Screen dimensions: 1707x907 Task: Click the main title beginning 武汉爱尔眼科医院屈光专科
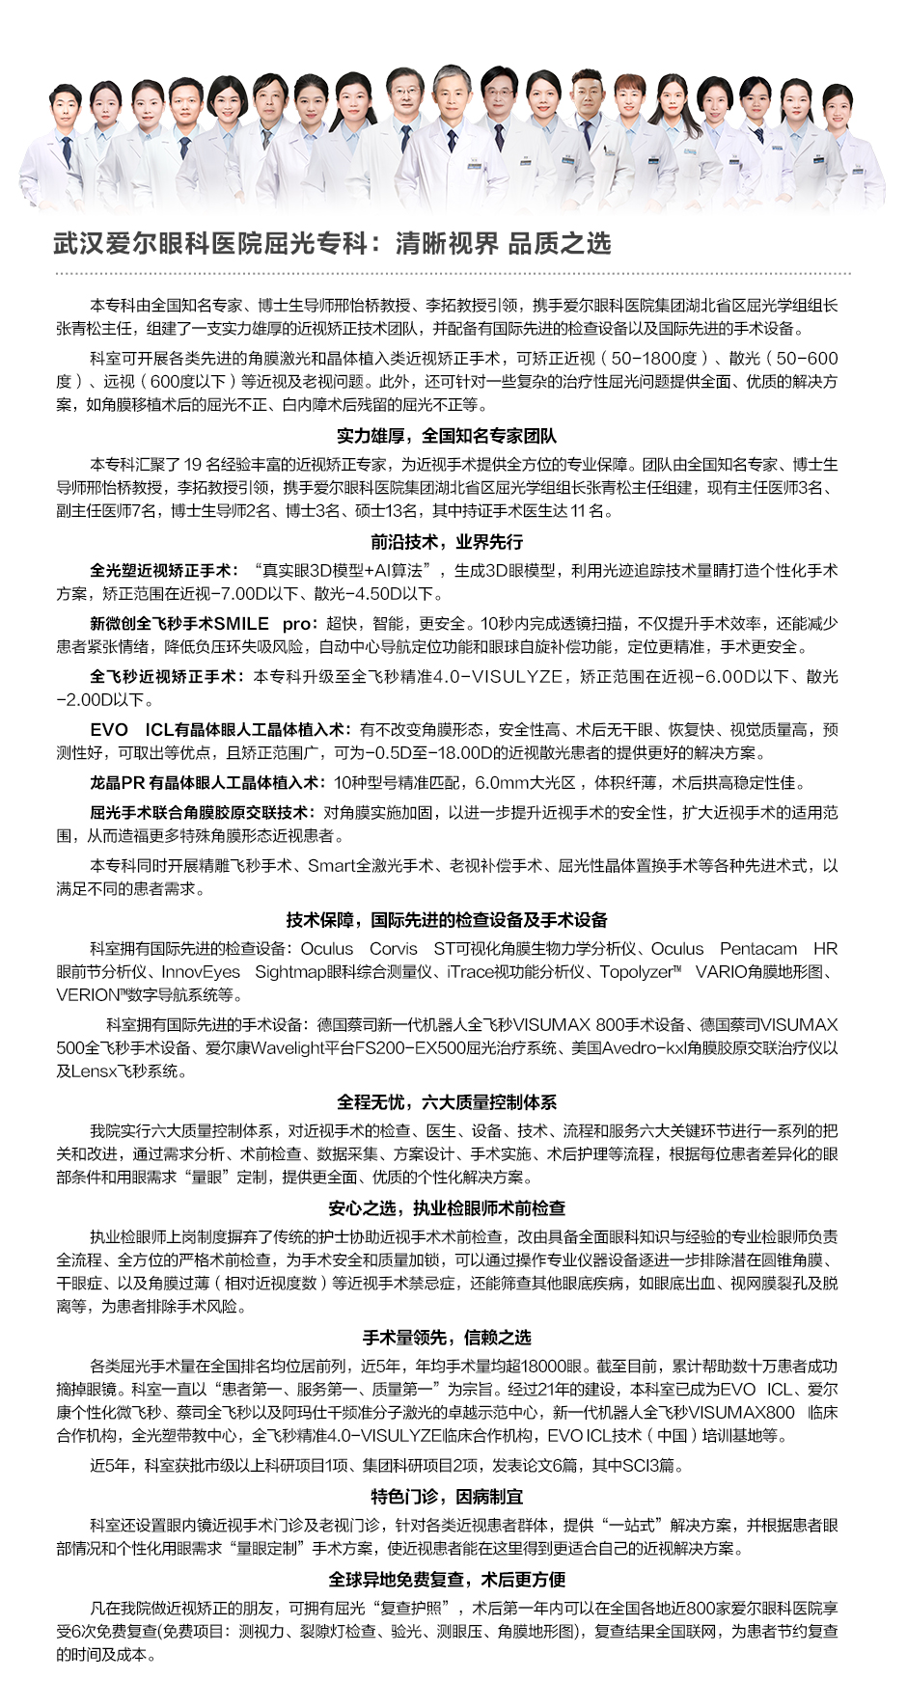pyautogui.click(x=332, y=243)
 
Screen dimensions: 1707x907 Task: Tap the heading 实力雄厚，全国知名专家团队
pyautogui.click(x=447, y=436)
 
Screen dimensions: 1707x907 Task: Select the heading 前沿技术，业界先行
pyautogui.click(x=447, y=542)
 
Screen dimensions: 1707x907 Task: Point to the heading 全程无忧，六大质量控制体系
pyautogui.click(x=447, y=1102)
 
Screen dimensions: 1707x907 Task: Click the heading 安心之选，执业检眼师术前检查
pyautogui.click(x=447, y=1207)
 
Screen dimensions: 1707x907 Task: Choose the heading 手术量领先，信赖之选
pyautogui.click(x=447, y=1338)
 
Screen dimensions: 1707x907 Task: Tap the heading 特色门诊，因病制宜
pyautogui.click(x=447, y=1497)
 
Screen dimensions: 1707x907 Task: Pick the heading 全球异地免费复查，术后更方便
pyautogui.click(x=447, y=1579)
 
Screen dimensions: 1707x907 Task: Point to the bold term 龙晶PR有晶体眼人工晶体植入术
pyautogui.click(x=207, y=783)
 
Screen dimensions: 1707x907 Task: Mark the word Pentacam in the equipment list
pyautogui.click(x=758, y=949)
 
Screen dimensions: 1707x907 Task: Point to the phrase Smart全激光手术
pyautogui.click(x=371, y=866)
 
